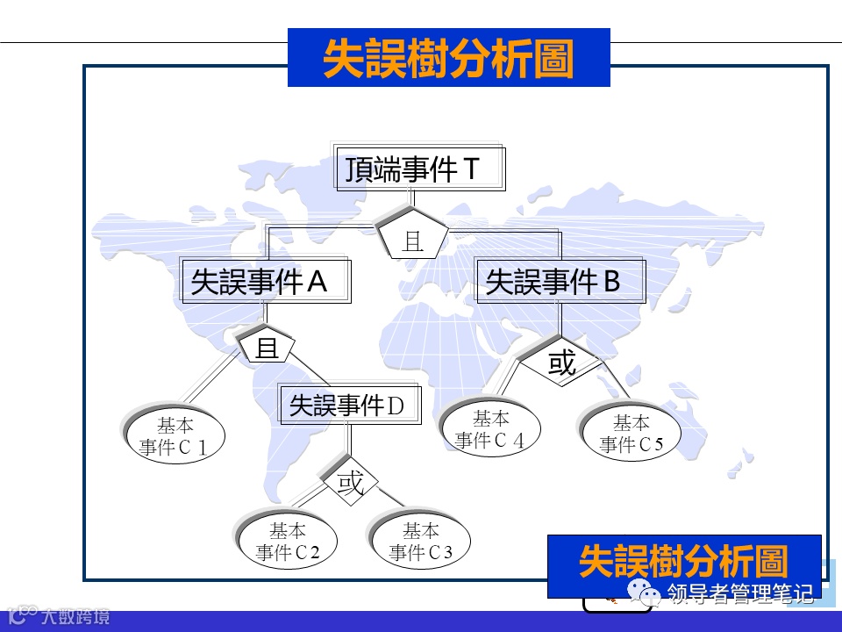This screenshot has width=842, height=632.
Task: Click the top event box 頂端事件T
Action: (x=421, y=169)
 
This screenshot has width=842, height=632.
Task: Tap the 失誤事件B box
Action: (x=560, y=282)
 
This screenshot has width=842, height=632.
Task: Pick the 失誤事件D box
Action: (x=348, y=406)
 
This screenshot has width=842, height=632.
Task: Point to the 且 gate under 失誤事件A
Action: (x=267, y=348)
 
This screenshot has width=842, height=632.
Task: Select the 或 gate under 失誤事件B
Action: (x=561, y=362)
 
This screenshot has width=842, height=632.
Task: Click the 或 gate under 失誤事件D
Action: (x=350, y=483)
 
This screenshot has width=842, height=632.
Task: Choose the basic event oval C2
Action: (x=288, y=542)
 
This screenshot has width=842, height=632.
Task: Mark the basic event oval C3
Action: (x=421, y=542)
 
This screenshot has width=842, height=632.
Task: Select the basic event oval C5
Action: (x=631, y=434)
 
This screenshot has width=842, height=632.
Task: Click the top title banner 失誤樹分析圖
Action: (x=448, y=59)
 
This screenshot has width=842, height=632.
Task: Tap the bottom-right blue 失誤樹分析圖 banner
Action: (x=684, y=562)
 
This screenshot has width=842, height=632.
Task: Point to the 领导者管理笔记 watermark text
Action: (x=739, y=594)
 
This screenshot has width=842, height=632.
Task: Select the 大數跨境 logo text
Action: (x=74, y=616)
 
